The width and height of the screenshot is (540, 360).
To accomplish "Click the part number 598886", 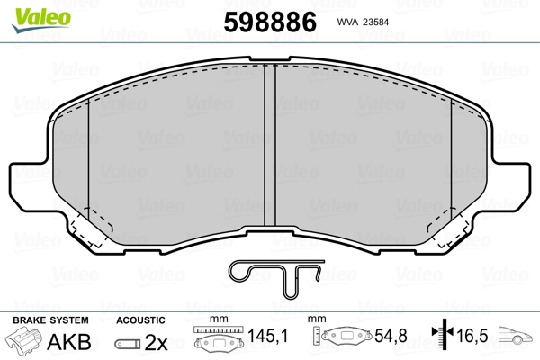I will point(271,22).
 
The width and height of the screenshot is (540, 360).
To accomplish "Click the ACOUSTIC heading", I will point(140,320).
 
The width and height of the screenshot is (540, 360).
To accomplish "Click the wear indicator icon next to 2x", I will point(126,343).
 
